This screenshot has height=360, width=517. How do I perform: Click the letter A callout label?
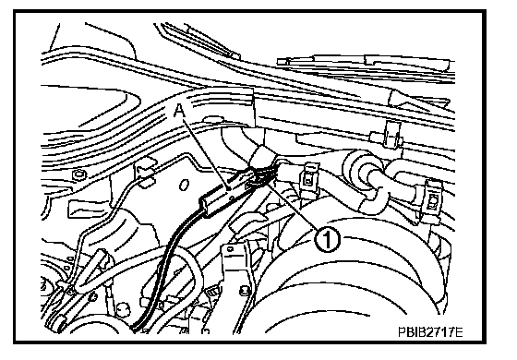[179, 110]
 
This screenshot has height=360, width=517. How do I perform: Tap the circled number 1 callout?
[326, 239]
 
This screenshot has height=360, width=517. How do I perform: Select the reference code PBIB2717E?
[430, 331]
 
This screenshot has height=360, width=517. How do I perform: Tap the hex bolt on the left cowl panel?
[78, 174]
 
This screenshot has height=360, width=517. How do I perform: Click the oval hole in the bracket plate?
[184, 185]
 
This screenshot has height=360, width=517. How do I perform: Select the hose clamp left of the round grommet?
[308, 180]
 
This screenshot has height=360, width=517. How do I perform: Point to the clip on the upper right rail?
[390, 134]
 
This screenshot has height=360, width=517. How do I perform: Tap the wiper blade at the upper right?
[366, 63]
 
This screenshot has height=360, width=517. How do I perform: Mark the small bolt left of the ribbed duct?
[245, 290]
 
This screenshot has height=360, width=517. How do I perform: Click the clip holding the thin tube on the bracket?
[146, 174]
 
